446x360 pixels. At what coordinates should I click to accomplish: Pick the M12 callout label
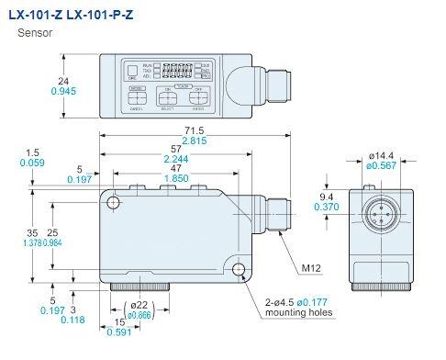click(x=313, y=267)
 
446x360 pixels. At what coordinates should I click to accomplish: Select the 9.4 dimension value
click(x=326, y=196)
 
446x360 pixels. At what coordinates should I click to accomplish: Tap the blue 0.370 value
click(x=326, y=208)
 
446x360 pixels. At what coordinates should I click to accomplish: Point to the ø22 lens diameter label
click(x=139, y=304)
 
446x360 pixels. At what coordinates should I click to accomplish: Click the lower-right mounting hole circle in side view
click(x=241, y=270)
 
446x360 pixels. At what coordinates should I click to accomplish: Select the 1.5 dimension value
click(x=33, y=152)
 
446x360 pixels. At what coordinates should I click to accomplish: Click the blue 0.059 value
click(x=33, y=163)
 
